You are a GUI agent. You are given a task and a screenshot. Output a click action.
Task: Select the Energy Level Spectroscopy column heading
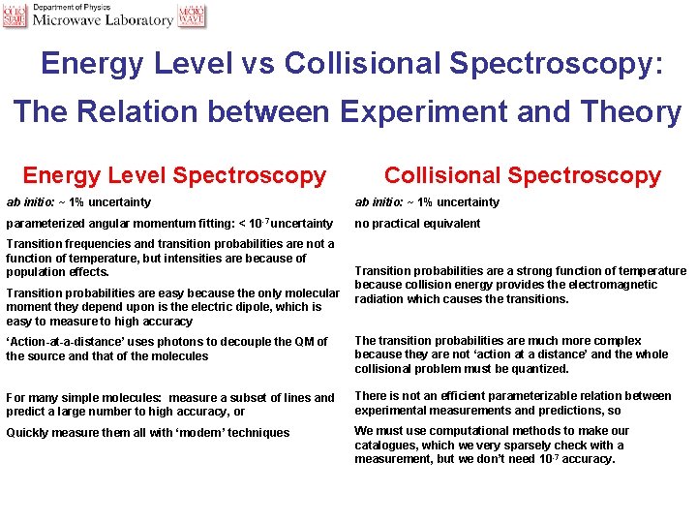point(174,175)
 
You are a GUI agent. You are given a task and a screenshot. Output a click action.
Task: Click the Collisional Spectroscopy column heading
point(522,175)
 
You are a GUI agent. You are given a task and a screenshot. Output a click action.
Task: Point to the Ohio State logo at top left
point(15,15)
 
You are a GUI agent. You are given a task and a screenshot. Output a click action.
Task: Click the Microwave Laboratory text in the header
point(103,20)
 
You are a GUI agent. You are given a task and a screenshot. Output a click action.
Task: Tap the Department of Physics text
point(73,7)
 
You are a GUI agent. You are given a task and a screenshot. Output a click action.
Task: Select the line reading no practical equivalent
point(417,224)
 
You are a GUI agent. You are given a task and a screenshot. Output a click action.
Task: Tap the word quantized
point(544,369)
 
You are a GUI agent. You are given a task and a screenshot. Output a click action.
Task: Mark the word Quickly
point(28,433)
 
